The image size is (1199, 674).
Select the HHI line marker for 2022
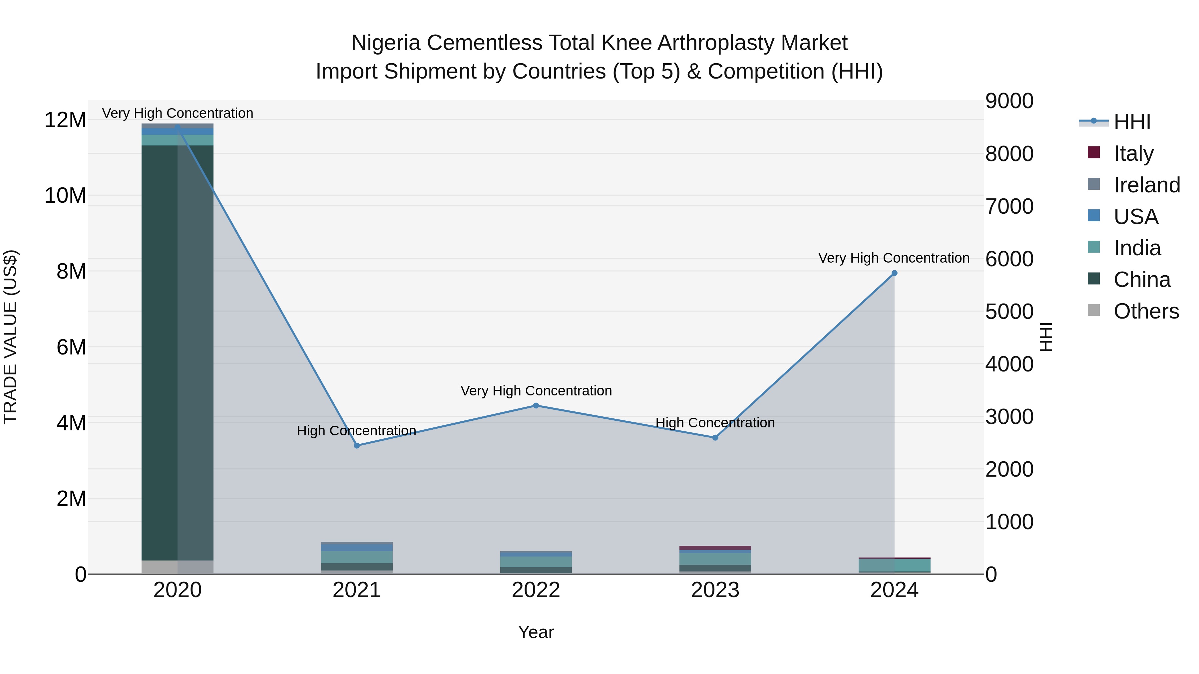click(536, 406)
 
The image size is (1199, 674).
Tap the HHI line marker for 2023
click(715, 438)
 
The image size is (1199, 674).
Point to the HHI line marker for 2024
click(894, 274)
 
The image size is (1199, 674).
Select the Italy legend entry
click(1133, 153)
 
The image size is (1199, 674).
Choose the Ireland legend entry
click(1146, 185)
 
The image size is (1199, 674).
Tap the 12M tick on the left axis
click(65, 120)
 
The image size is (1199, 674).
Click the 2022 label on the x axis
click(536, 590)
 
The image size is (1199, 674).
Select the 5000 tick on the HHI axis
click(1009, 312)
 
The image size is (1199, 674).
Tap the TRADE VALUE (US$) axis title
click(10, 337)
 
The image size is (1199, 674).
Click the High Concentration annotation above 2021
click(356, 431)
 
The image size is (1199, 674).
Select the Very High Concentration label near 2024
click(894, 258)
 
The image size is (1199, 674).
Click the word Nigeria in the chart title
click(386, 43)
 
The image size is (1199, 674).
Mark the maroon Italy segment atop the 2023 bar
click(715, 548)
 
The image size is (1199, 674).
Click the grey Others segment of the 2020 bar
click(177, 567)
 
